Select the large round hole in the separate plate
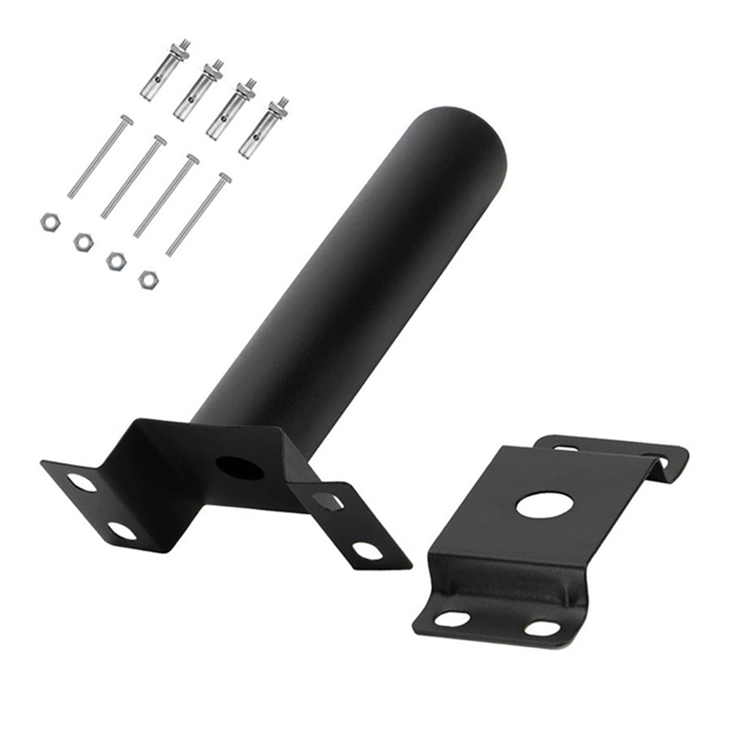click(544, 505)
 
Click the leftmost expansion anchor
click(165, 70)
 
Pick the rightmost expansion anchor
click(263, 127)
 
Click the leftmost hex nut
click(49, 221)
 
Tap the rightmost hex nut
click(148, 280)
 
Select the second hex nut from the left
click(83, 241)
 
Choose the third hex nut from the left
click(116, 261)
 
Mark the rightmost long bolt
click(198, 215)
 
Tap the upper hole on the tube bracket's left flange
click(82, 482)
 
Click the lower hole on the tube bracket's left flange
click(121, 530)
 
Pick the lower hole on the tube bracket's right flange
click(368, 550)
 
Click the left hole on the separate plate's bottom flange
click(452, 619)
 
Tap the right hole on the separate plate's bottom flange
click(542, 629)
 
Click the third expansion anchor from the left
click(231, 108)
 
